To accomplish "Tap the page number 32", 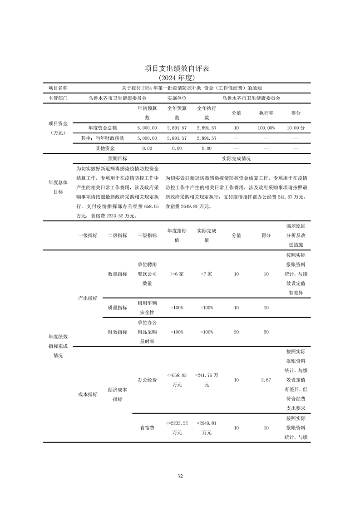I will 180,476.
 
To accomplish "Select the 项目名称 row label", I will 58,88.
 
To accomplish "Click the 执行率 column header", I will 266,113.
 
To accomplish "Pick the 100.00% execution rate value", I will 266,128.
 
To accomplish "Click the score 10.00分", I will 296,128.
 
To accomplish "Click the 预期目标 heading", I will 117,159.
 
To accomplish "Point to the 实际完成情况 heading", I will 236,159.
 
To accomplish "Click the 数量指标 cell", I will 117,274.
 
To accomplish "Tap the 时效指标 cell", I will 117,332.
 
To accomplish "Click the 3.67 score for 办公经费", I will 266,380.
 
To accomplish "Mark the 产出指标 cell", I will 88,298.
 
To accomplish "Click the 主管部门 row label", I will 58,98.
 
